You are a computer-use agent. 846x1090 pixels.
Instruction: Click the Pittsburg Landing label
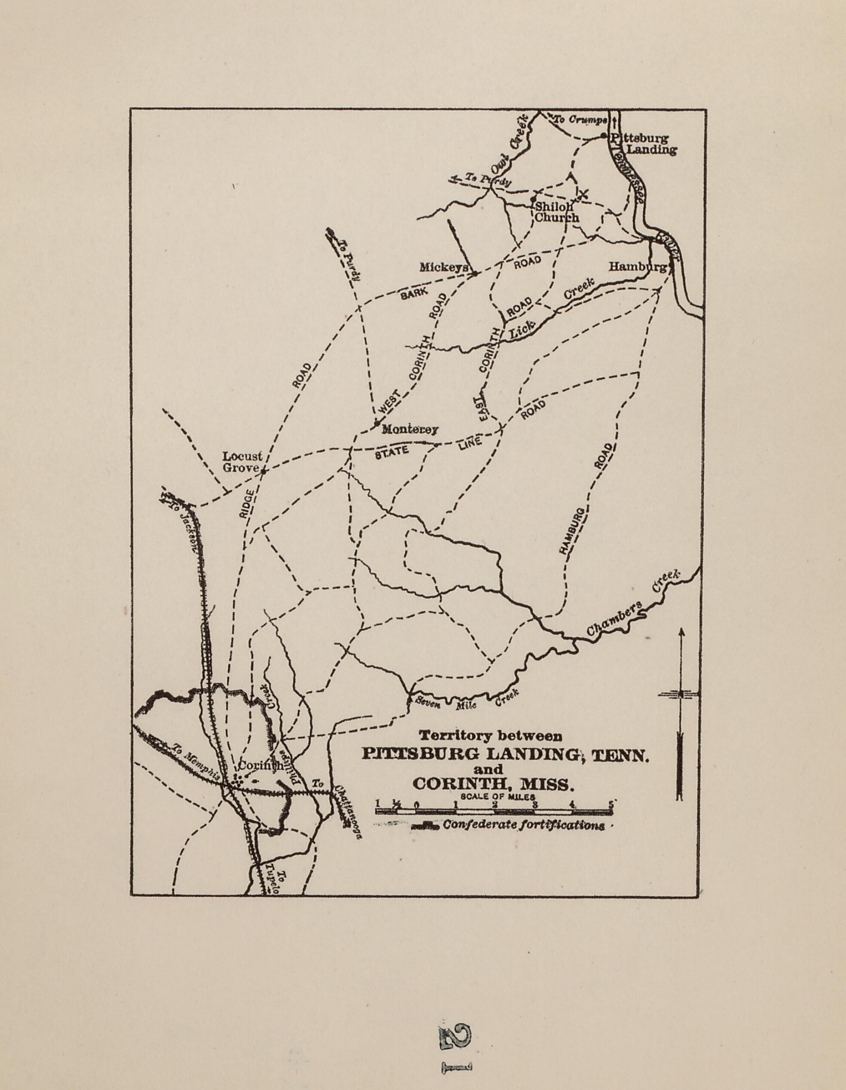[643, 144]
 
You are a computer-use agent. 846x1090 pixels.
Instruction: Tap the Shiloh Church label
[556, 212]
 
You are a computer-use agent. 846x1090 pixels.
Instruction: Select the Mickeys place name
[443, 268]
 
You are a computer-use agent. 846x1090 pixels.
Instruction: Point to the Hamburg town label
[637, 268]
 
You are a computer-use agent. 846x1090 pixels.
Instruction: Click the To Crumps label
[581, 120]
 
